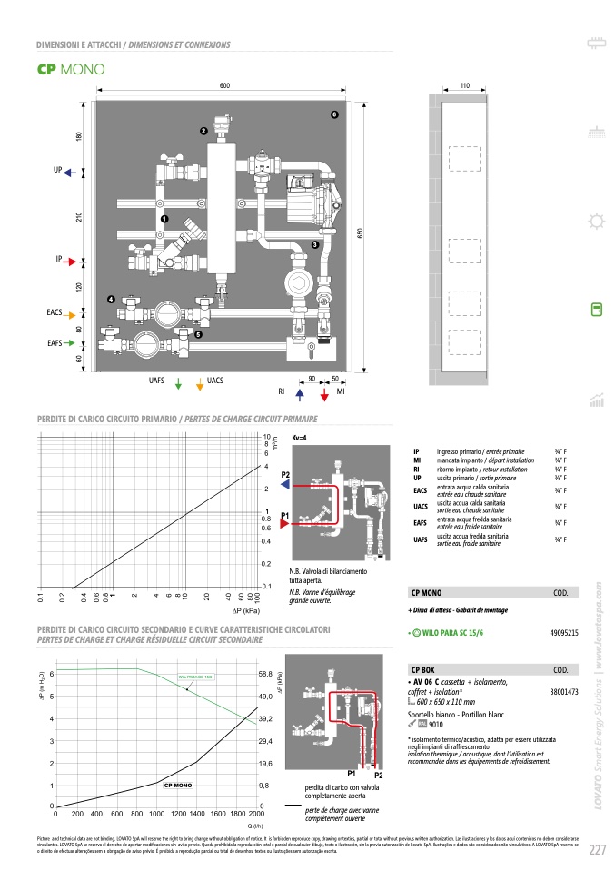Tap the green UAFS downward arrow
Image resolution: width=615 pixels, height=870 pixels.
(178, 383)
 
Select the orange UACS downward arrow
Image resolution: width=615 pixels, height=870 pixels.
(200, 383)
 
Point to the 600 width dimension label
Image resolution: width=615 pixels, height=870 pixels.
(224, 84)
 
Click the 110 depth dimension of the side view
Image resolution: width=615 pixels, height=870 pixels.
(464, 84)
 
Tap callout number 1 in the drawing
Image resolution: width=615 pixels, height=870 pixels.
(164, 220)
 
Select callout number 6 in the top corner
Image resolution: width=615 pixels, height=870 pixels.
(334, 115)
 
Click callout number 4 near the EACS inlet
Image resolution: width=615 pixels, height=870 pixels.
(110, 299)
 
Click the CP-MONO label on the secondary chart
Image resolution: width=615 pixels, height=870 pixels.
(176, 783)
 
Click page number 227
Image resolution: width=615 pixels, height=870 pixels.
(597, 849)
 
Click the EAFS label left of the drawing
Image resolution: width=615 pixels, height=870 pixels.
(55, 343)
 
